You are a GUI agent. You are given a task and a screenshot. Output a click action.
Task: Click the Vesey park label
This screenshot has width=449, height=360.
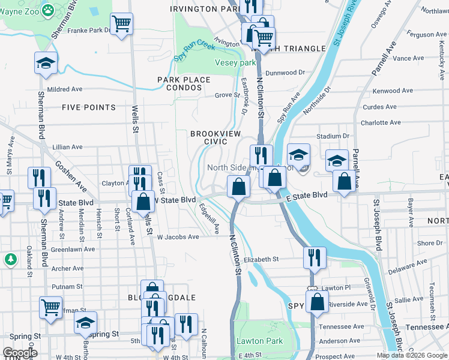tap(235, 62)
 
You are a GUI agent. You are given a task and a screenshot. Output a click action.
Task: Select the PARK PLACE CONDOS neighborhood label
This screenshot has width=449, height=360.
tap(184, 83)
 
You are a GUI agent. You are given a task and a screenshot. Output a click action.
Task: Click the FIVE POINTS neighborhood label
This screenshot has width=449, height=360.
tap(88, 107)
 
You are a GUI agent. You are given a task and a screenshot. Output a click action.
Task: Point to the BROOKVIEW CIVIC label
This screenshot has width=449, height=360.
tap(209, 137)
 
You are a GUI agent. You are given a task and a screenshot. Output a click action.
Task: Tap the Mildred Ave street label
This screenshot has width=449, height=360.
tap(64, 89)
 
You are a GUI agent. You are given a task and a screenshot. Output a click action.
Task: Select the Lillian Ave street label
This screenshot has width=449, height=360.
tap(67, 147)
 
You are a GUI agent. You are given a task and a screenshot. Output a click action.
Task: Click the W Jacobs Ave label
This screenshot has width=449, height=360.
tap(178, 237)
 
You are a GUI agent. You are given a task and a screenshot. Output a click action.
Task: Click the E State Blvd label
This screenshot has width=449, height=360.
tap(307, 196)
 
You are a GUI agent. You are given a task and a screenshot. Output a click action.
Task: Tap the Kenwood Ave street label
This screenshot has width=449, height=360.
tap(393, 91)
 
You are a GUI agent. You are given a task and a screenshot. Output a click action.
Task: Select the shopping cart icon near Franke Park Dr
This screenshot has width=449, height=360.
tap(121, 24)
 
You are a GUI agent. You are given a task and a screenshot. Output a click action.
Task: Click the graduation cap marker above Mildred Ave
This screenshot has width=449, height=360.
tap(46, 64)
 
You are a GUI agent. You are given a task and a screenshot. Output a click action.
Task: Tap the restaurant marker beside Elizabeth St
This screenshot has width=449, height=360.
tap(315, 257)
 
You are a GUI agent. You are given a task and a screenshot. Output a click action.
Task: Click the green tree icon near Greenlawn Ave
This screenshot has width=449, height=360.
tap(10, 259)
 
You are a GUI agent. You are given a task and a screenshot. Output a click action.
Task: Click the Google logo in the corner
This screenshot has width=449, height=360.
tap(20, 353)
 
